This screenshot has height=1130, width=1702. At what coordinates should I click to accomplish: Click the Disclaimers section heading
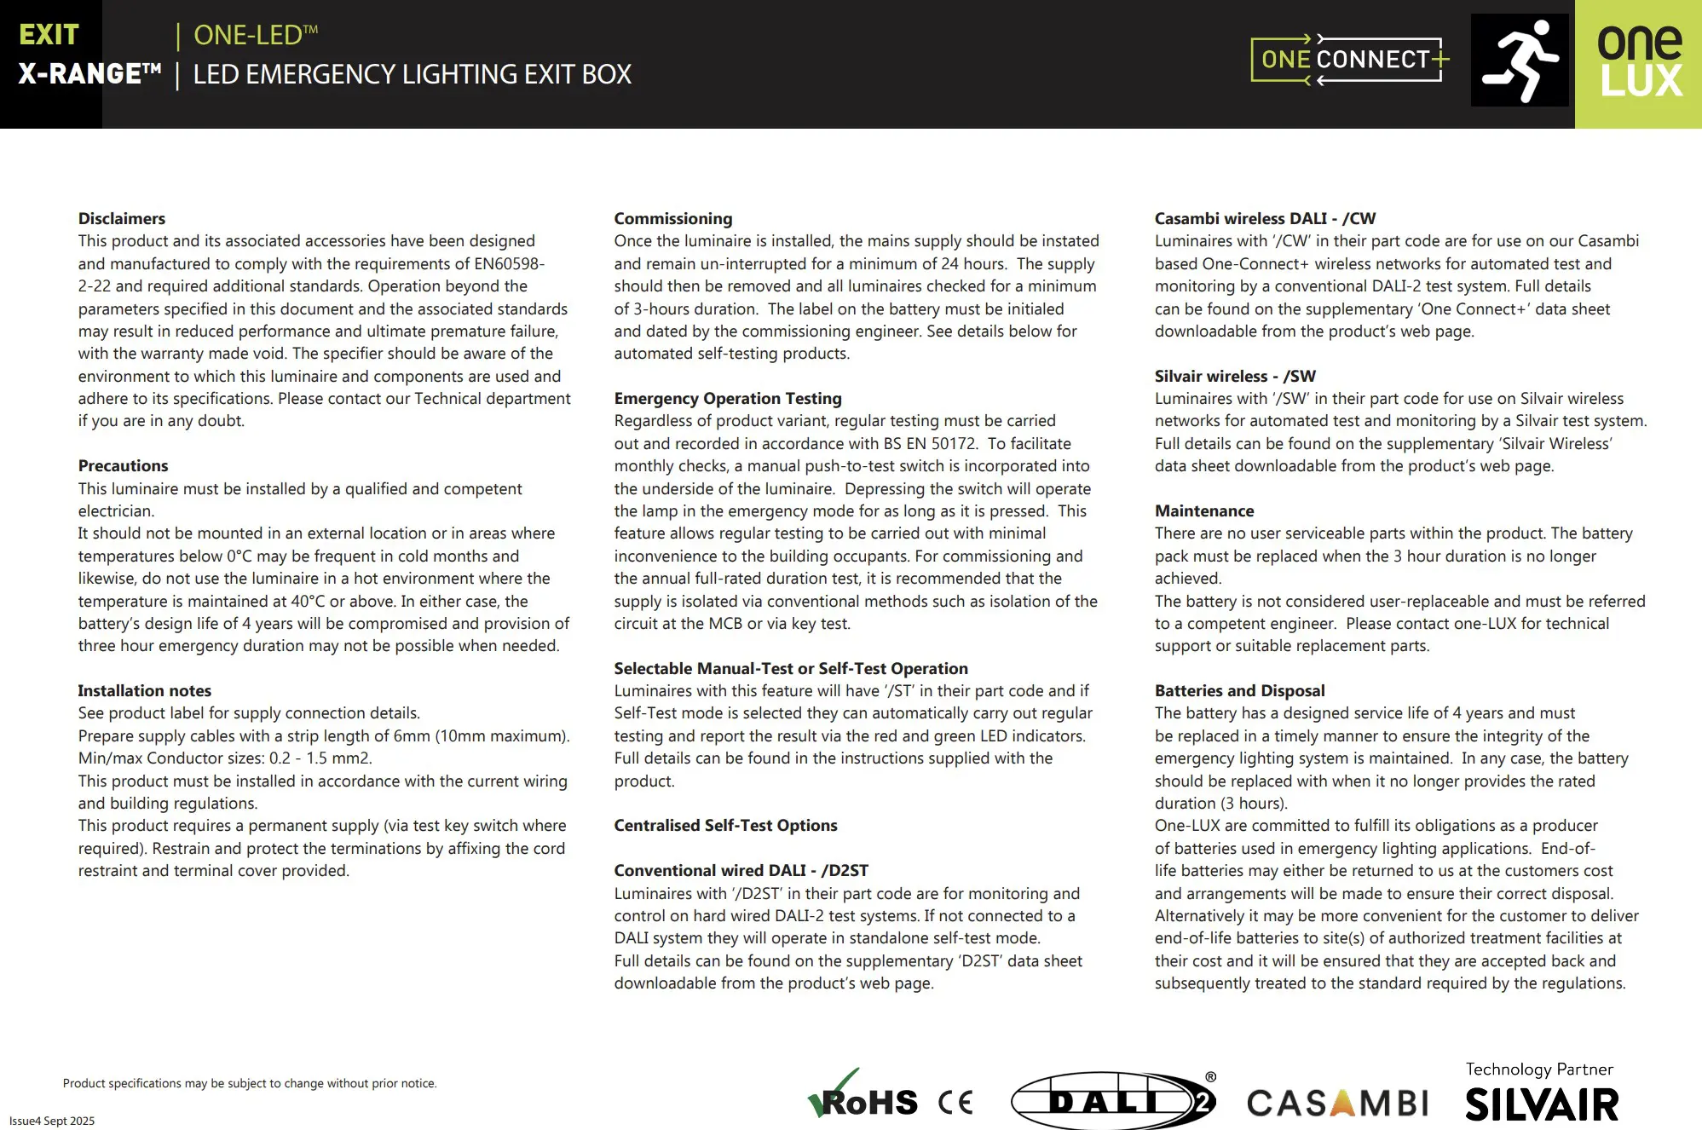tap(122, 219)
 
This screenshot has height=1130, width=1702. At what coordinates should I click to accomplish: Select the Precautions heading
tap(123, 466)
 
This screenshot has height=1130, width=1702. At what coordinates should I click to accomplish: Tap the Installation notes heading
tap(144, 691)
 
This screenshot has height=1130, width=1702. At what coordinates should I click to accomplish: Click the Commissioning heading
tap(672, 219)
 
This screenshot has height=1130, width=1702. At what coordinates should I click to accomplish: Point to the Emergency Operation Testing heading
tap(727, 399)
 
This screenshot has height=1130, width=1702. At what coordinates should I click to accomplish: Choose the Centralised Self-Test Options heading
tap(725, 826)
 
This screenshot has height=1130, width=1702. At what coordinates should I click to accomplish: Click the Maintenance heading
tap(1203, 511)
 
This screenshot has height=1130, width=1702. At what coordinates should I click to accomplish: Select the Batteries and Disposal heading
tap(1239, 691)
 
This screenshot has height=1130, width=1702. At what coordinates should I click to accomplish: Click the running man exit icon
tap(1520, 61)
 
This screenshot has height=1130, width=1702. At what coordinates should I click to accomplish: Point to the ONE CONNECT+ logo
tap(1349, 60)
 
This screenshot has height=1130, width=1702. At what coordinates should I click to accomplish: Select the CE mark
tap(955, 1103)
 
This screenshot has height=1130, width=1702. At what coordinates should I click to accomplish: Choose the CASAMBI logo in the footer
tap(1336, 1104)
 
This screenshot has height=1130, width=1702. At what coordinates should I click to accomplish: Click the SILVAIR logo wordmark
tap(1541, 1105)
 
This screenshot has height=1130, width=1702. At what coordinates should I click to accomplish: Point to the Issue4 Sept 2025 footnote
tap(52, 1121)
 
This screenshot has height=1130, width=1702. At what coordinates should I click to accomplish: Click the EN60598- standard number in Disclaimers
tap(509, 264)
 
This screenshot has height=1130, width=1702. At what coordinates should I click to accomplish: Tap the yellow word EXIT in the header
tap(49, 35)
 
